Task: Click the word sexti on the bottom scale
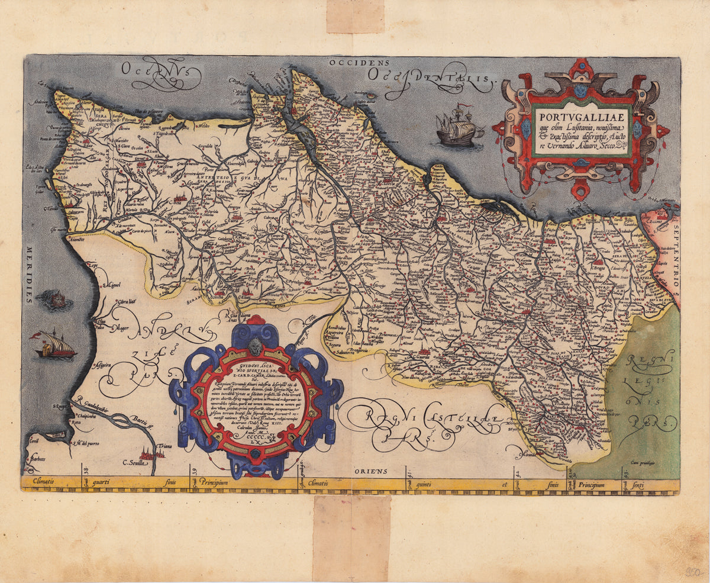638,486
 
